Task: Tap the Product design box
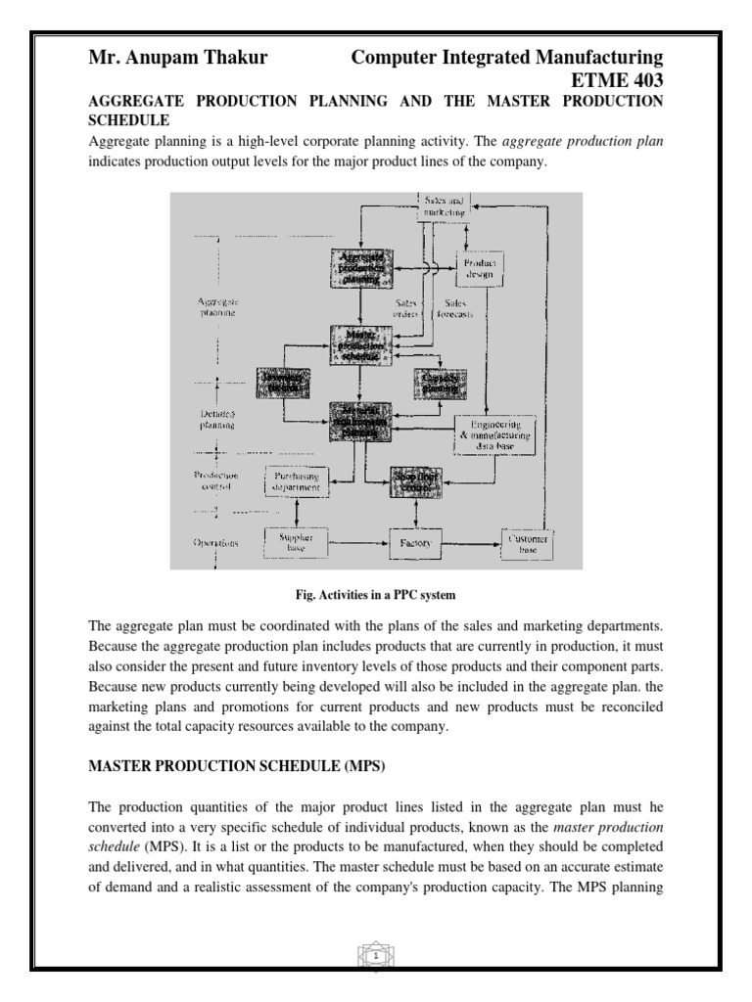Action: (x=480, y=269)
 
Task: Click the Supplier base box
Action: (x=295, y=542)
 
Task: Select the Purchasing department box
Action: (x=295, y=479)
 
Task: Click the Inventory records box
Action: (x=282, y=383)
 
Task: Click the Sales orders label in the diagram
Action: (x=406, y=308)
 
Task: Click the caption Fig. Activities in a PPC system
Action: (x=375, y=593)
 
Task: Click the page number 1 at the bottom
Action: (x=376, y=952)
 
